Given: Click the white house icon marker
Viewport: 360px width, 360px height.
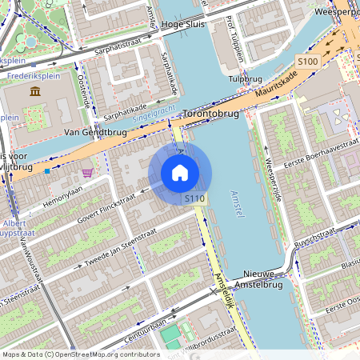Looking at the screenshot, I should pos(180,173).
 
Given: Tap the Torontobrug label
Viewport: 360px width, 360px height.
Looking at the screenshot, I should pos(211,114).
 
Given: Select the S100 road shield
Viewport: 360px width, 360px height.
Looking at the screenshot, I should pos(307,61).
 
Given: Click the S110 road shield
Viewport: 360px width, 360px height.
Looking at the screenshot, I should pos(194,198).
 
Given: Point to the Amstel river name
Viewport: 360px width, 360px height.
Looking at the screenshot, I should pos(239,204).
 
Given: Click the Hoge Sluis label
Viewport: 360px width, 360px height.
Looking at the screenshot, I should pos(183,25).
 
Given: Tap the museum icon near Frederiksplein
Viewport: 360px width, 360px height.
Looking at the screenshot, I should pos(35,92).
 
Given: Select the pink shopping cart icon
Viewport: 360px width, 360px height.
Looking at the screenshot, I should pos(86,171).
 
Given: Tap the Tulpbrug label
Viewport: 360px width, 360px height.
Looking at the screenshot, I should pos(245,79).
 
